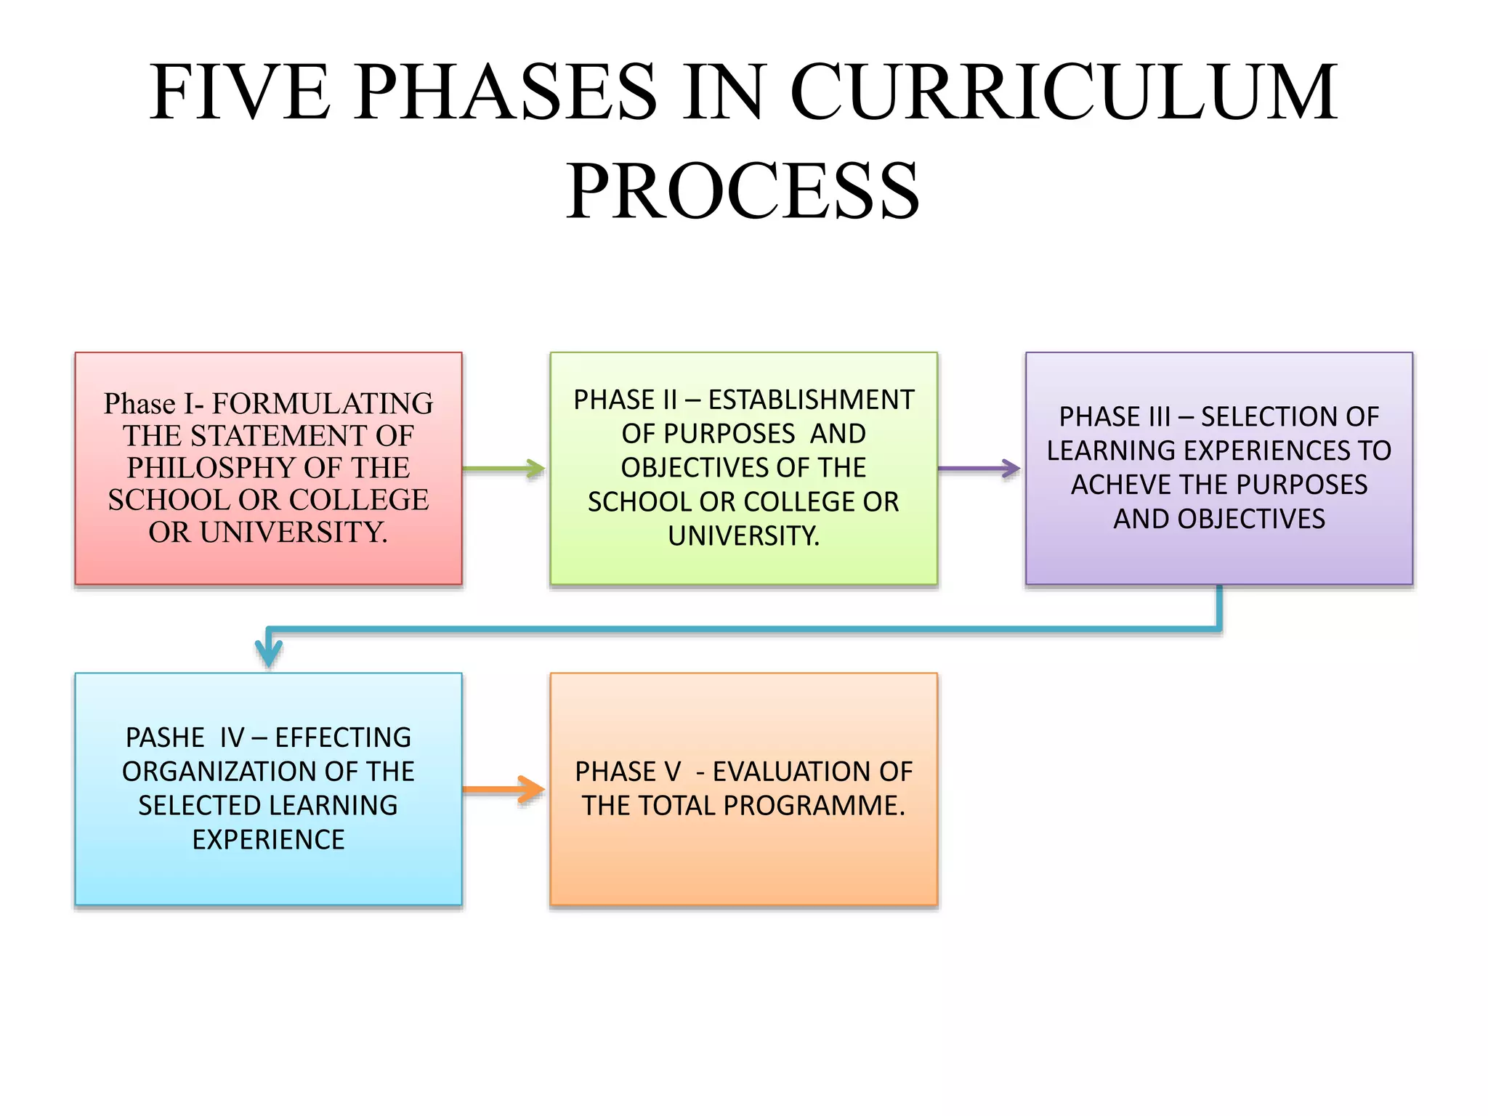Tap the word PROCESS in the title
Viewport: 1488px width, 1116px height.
point(743,192)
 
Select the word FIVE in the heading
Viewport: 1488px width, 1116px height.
point(240,92)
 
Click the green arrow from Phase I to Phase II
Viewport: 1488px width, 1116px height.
point(504,469)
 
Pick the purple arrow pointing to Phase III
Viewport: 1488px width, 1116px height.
point(979,469)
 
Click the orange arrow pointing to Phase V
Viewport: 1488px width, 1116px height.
point(504,789)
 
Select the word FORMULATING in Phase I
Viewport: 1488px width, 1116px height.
point(323,403)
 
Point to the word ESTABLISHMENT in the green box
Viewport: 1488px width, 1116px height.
point(811,400)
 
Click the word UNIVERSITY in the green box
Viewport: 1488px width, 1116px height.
point(743,536)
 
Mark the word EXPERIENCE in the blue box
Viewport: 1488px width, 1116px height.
point(268,840)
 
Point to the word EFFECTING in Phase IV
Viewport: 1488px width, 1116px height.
point(343,737)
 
